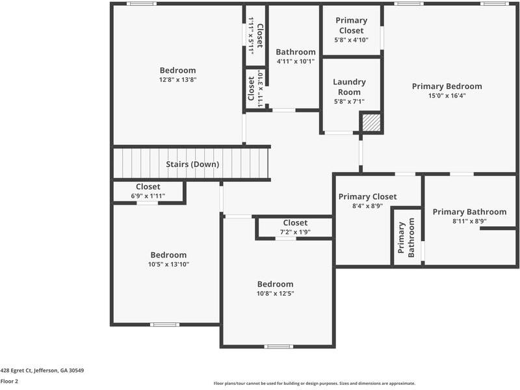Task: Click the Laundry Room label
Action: pyautogui.click(x=349, y=87)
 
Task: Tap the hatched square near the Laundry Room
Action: pyautogui.click(x=370, y=122)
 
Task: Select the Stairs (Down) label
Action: pyautogui.click(x=192, y=164)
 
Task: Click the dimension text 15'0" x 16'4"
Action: pyautogui.click(x=447, y=96)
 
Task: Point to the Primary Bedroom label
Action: pyautogui.click(x=447, y=86)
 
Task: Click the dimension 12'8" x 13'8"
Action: pyautogui.click(x=177, y=80)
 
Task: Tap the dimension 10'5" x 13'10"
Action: pyautogui.click(x=168, y=265)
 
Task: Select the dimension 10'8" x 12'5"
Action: pyautogui.click(x=275, y=293)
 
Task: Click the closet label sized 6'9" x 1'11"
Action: pyautogui.click(x=148, y=196)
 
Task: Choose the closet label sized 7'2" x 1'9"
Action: pyautogui.click(x=294, y=232)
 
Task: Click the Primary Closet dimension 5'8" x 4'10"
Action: pyautogui.click(x=351, y=40)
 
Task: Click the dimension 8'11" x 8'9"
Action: pyautogui.click(x=469, y=221)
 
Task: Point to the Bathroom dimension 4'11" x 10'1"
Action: pyautogui.click(x=295, y=62)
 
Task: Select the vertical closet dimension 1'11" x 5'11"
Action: pyautogui.click(x=251, y=36)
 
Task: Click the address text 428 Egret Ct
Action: pyautogui.click(x=42, y=370)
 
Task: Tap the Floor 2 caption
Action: pyautogui.click(x=9, y=382)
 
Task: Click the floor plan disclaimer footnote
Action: pyautogui.click(x=315, y=383)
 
